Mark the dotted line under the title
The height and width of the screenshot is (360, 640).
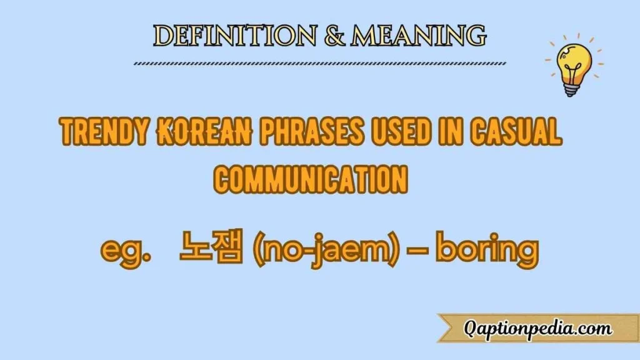(320, 62)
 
